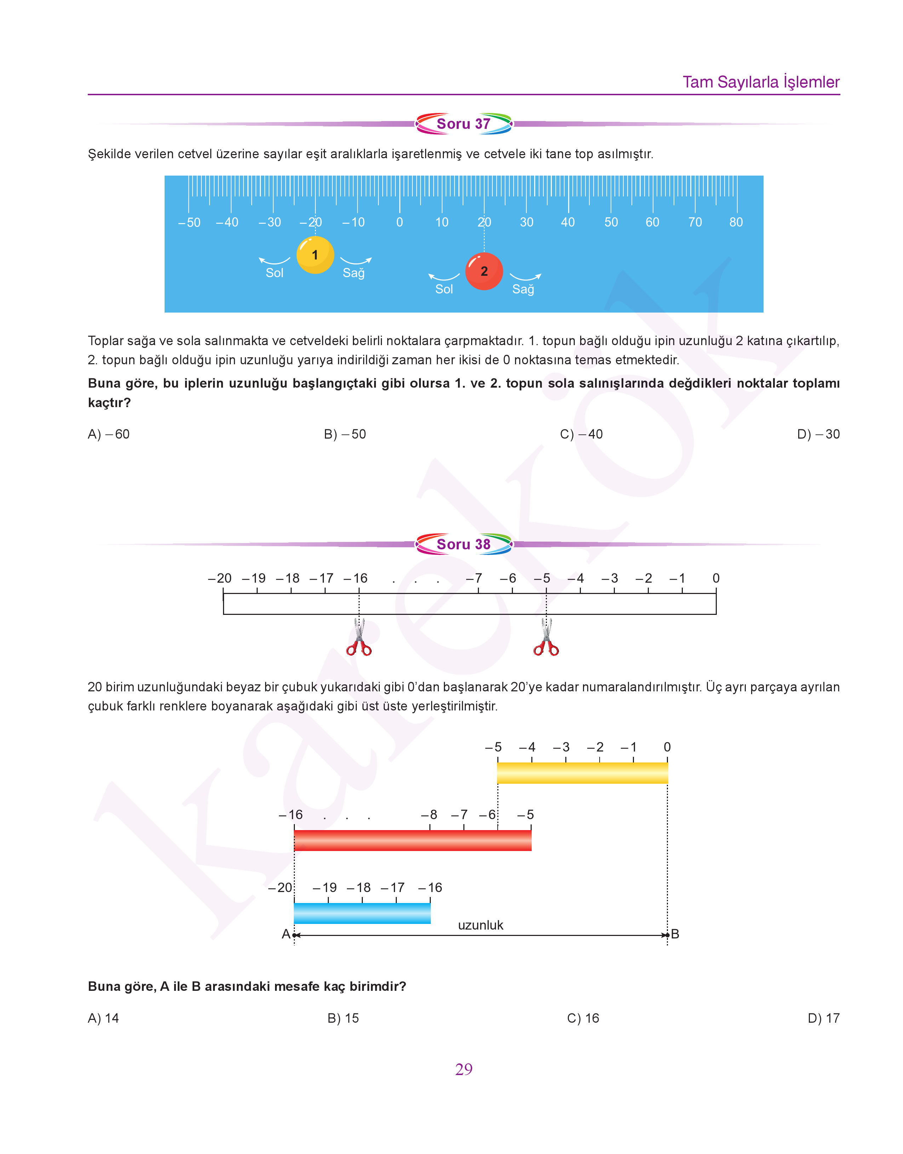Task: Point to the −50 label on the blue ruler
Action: click(189, 223)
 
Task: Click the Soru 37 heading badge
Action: click(464, 124)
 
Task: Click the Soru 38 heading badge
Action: click(464, 544)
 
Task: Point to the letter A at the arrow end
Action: click(286, 934)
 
